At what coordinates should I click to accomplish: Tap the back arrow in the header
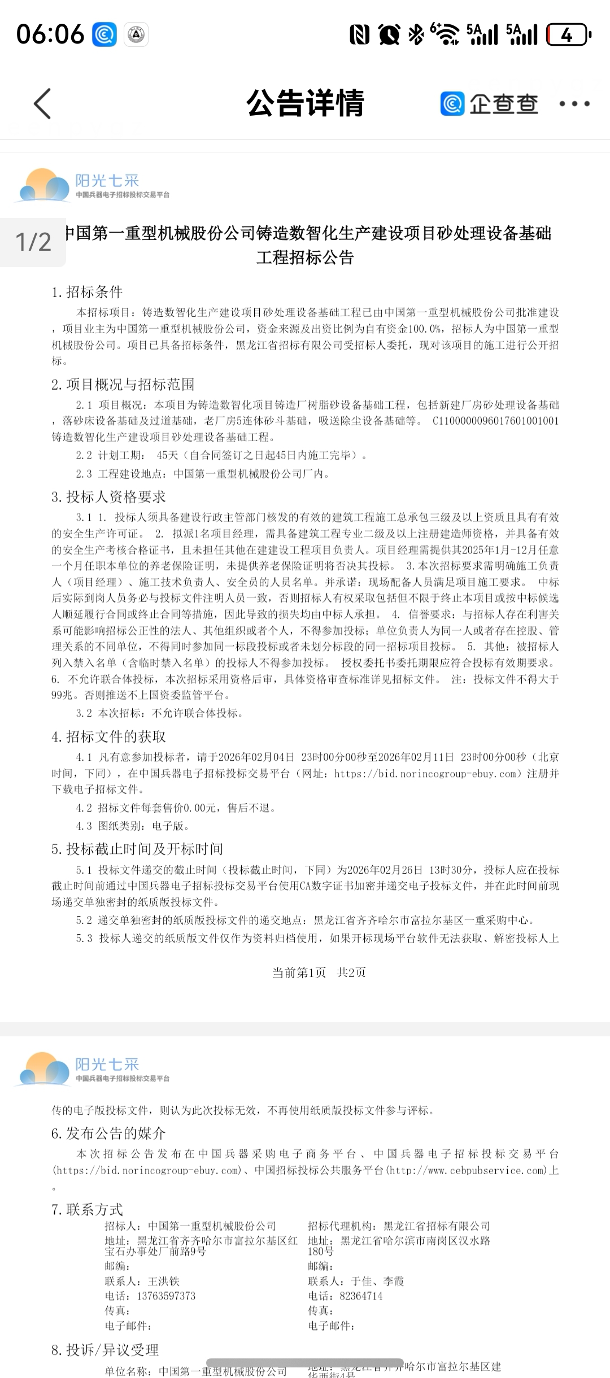(x=43, y=104)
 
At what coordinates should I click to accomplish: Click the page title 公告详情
(x=305, y=103)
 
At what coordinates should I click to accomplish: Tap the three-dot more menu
(x=574, y=104)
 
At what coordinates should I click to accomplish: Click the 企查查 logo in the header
(x=489, y=104)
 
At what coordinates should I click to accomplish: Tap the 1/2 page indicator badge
(x=33, y=242)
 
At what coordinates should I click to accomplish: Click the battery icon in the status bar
(x=568, y=35)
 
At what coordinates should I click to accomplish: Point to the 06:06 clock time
(x=50, y=34)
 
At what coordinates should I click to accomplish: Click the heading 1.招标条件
(x=87, y=292)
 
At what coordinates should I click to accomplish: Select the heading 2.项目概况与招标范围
(x=123, y=385)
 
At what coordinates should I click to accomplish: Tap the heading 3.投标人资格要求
(x=109, y=497)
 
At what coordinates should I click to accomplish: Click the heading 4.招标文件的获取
(x=109, y=736)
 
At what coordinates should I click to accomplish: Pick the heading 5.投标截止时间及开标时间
(x=137, y=849)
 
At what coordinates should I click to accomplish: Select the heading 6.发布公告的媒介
(x=108, y=1133)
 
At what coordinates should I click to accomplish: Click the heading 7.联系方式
(x=87, y=1209)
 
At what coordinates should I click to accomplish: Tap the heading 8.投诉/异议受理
(x=105, y=1350)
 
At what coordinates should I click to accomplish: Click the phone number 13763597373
(x=166, y=1296)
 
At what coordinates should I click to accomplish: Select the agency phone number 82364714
(x=361, y=1296)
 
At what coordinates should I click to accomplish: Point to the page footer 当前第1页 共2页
(x=319, y=972)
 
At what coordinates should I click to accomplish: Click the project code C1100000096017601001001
(x=495, y=421)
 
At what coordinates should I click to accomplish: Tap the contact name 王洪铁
(x=164, y=1281)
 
